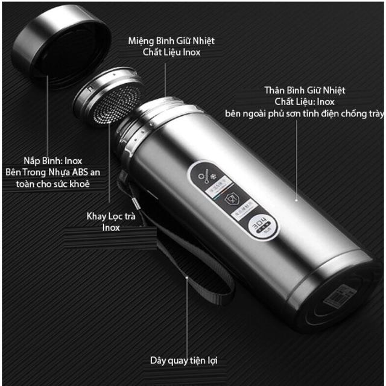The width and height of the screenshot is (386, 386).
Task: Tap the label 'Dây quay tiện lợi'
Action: pyautogui.click(x=183, y=361)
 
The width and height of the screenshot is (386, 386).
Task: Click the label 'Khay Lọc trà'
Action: pyautogui.click(x=111, y=217)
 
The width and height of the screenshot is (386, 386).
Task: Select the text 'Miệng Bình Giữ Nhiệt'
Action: pyautogui.click(x=171, y=41)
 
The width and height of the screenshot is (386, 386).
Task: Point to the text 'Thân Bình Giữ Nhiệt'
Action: pyautogui.click(x=305, y=90)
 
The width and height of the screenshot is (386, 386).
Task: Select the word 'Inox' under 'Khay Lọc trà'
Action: pyautogui.click(x=111, y=227)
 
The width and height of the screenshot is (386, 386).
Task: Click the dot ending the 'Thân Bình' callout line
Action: pyautogui.click(x=296, y=197)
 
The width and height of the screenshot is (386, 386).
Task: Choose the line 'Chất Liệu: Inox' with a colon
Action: pyautogui.click(x=305, y=102)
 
